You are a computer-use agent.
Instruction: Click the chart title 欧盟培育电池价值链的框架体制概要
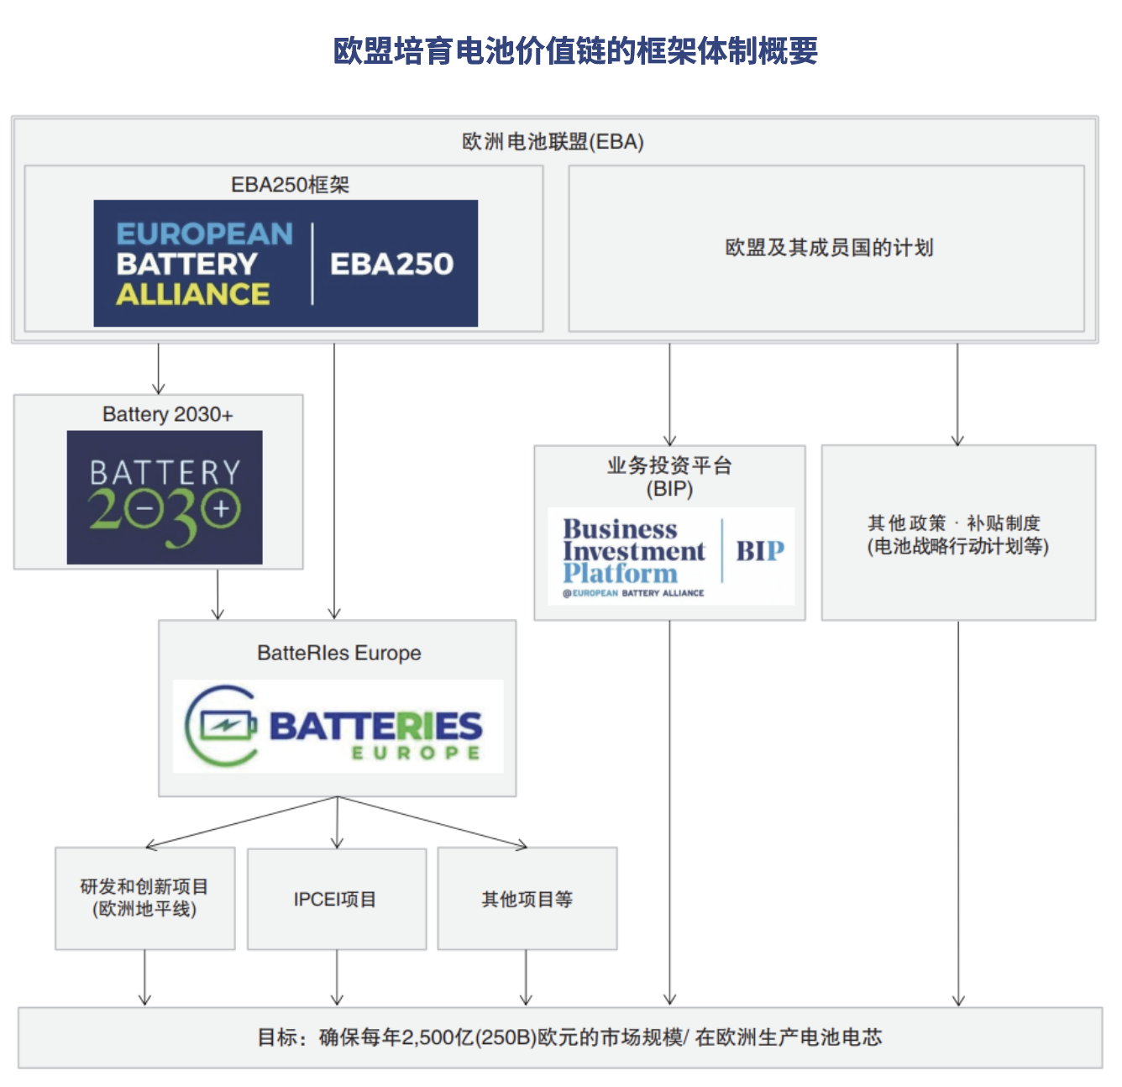point(574,50)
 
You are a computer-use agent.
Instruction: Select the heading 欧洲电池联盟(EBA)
point(553,141)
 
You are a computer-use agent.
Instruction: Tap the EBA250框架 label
point(290,185)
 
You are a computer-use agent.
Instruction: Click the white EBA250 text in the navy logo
point(391,264)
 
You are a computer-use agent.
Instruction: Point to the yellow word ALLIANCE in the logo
point(192,294)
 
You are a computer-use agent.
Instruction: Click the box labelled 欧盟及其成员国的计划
point(826,248)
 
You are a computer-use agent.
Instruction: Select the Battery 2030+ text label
point(167,414)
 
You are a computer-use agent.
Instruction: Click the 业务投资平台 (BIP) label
point(669,477)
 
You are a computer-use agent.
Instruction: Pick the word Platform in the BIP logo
point(620,573)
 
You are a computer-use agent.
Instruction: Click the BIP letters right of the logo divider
point(760,551)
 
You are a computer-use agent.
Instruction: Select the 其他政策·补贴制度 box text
point(957,534)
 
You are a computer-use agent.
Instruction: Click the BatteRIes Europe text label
point(339,653)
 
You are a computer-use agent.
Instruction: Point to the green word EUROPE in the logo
point(416,754)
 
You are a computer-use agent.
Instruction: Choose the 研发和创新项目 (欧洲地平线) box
point(144,898)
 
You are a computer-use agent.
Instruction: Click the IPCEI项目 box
point(337,899)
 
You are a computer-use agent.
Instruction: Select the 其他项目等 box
point(527,899)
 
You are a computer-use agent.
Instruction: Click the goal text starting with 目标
point(569,1037)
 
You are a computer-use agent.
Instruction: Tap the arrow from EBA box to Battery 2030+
point(159,369)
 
